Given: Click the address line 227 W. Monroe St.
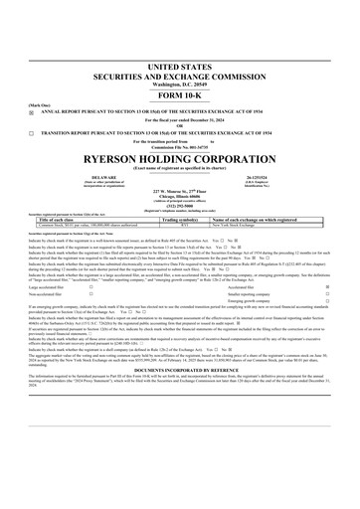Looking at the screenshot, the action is [179, 190].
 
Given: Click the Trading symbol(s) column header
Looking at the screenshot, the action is [185, 221].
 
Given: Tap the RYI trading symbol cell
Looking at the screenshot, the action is [185, 227].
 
